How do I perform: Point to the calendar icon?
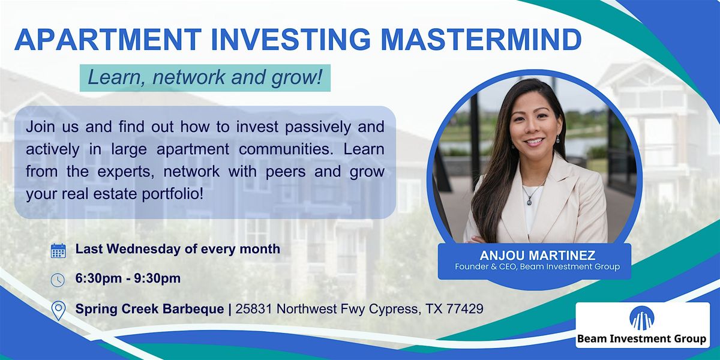tap(58, 250)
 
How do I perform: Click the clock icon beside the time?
tap(58, 280)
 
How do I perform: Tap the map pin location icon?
tap(58, 310)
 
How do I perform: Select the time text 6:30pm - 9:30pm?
tap(128, 279)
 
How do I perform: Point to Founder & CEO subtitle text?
tap(534, 266)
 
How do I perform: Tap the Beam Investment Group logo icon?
tap(642, 318)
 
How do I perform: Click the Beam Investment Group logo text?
tap(641, 339)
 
